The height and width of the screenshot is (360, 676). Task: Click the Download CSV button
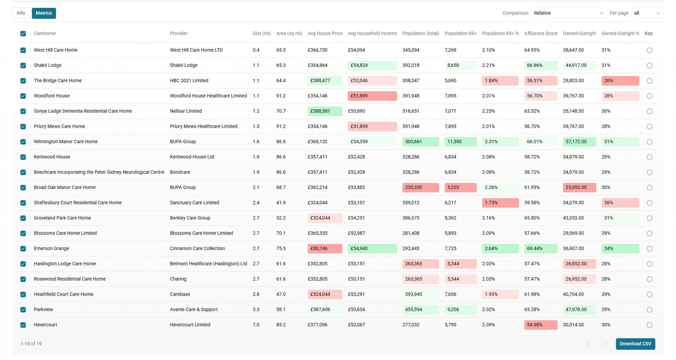[635, 344]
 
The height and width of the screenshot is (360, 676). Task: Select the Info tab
[21, 13]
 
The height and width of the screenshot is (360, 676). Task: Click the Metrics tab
[44, 13]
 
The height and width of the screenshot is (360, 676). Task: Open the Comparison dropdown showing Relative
[568, 13]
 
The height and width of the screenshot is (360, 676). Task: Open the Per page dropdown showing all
[647, 13]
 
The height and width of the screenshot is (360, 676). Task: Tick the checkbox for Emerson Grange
[23, 249]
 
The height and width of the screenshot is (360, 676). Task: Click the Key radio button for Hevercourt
[649, 325]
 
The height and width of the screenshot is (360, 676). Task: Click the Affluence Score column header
[540, 33]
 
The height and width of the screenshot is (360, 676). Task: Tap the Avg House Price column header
[325, 33]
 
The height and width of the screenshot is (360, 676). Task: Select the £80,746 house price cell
[324, 248]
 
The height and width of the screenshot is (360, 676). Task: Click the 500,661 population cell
[420, 141]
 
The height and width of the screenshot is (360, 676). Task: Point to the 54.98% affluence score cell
[540, 325]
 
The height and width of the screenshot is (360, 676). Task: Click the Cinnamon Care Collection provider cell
[197, 248]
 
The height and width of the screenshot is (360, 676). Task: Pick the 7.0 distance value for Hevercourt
[256, 325]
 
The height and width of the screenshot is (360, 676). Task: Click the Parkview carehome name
[43, 310]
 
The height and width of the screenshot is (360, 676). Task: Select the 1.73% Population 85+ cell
[500, 203]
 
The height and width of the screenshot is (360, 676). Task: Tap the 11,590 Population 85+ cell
[460, 141]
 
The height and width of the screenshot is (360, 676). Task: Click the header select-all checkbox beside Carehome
[23, 34]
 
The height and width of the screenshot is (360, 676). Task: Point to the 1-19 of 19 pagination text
[31, 344]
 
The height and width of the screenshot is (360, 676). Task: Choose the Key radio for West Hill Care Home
[649, 50]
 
